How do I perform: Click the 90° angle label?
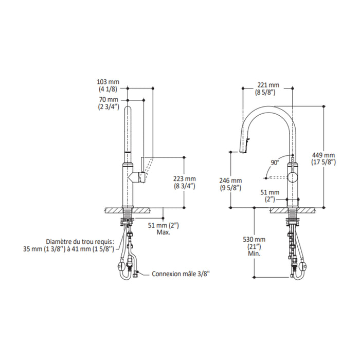[x=275, y=163]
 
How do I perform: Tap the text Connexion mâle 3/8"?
[x=181, y=274]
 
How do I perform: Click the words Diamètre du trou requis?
[x=80, y=242]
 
